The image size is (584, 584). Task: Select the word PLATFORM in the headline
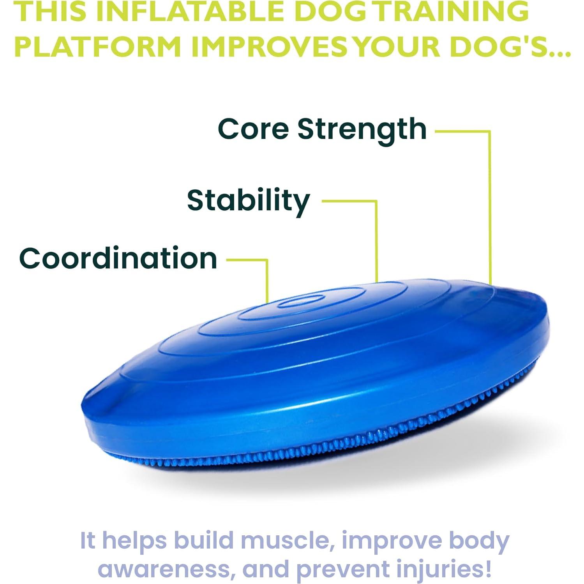[98, 46]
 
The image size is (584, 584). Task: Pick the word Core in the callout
[253, 129]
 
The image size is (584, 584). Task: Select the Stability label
[248, 201]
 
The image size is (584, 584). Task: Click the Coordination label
[118, 258]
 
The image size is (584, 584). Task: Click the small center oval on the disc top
[302, 300]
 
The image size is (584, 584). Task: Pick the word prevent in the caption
[343, 569]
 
